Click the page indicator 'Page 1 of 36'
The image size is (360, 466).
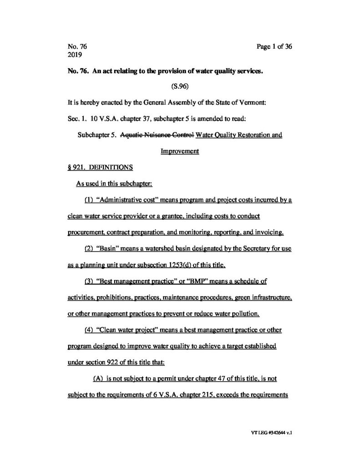(x=272, y=46)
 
